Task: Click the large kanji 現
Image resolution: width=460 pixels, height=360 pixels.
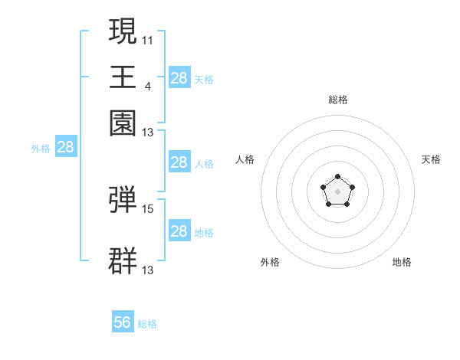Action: click(x=123, y=31)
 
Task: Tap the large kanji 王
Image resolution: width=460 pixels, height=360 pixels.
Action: click(x=123, y=77)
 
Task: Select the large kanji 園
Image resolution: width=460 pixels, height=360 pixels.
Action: click(x=123, y=123)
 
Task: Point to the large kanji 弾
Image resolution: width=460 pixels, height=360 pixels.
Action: click(x=123, y=199)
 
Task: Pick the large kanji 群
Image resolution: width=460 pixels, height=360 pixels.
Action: click(x=123, y=260)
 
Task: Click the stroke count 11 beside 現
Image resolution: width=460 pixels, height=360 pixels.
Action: click(x=147, y=41)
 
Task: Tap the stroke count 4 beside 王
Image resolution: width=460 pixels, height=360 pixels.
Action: click(x=148, y=87)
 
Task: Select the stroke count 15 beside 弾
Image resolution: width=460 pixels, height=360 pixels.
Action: click(x=147, y=209)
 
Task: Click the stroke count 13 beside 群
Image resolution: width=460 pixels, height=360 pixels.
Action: click(x=147, y=270)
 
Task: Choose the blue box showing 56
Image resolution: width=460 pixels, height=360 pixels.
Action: click(x=123, y=321)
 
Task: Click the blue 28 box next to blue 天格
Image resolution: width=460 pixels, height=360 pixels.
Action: click(x=179, y=77)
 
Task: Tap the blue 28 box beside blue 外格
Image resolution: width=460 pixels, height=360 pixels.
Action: click(x=66, y=146)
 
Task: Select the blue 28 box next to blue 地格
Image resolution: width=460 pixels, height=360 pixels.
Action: click(x=179, y=230)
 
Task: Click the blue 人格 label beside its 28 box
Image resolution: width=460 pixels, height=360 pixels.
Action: click(x=204, y=164)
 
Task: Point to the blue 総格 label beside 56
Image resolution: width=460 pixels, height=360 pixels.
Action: click(x=147, y=324)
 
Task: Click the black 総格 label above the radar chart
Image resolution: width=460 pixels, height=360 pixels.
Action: click(x=338, y=100)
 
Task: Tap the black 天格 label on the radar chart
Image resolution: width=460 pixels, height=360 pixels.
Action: click(x=431, y=159)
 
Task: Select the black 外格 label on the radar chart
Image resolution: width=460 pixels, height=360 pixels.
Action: click(x=270, y=262)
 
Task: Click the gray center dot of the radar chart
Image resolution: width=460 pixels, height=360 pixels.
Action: click(x=337, y=191)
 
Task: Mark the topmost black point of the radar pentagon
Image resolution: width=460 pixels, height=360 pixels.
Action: click(x=337, y=176)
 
